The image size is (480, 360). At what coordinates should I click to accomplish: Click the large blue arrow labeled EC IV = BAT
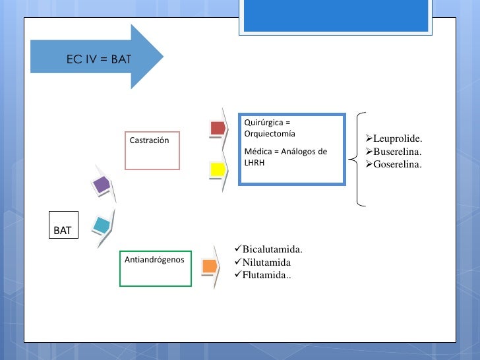97,57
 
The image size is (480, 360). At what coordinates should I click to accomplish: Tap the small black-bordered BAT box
64,225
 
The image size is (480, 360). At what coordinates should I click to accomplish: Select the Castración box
152,150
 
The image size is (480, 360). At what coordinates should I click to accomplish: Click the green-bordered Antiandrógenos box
156,268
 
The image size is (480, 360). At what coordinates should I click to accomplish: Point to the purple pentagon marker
102,185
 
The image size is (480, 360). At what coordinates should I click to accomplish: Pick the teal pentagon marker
102,225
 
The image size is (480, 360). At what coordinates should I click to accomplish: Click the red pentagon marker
218,128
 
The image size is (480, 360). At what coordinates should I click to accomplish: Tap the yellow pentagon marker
218,169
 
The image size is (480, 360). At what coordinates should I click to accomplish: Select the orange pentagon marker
210,266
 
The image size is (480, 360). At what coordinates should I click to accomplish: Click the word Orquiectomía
270,134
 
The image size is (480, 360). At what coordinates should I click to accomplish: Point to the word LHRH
255,163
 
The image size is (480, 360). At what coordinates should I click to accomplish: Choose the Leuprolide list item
394,138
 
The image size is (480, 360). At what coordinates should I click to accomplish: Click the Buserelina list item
394,152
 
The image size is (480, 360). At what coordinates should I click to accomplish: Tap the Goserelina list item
394,164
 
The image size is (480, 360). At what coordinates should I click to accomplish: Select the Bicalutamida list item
268,249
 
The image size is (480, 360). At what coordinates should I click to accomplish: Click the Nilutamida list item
262,262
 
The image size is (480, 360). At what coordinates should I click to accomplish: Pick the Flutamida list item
263,275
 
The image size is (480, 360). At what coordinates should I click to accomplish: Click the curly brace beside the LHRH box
357,159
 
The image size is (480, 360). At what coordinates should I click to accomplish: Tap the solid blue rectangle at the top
336,15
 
